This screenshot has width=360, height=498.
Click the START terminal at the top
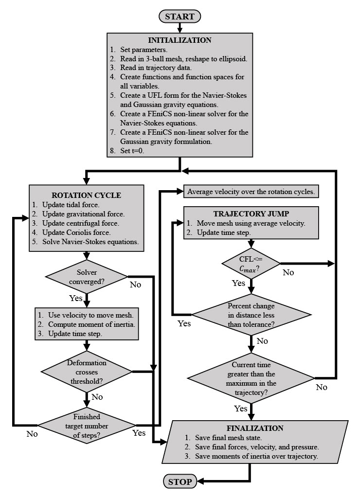180,17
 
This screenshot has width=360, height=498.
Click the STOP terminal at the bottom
180,482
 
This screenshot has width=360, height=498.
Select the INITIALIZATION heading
180,40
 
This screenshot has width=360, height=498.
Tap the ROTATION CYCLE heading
86,196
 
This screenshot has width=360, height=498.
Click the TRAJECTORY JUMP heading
251,214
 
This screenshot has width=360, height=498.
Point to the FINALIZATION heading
255,428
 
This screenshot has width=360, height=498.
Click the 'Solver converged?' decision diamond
87,277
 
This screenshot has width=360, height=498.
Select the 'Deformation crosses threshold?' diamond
87,372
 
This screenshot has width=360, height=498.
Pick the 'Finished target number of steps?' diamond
87,426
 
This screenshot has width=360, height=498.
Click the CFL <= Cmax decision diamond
251,263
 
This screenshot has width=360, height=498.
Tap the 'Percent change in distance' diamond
251,315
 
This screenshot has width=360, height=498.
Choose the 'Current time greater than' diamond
251,378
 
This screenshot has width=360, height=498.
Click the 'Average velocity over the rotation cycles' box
251,192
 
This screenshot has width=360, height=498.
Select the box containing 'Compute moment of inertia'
87,324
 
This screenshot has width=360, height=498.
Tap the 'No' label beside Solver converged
135,285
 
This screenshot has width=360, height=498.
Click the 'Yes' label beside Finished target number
139,433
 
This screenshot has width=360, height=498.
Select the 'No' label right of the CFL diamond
288,272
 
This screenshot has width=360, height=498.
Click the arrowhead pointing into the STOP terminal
201,482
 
